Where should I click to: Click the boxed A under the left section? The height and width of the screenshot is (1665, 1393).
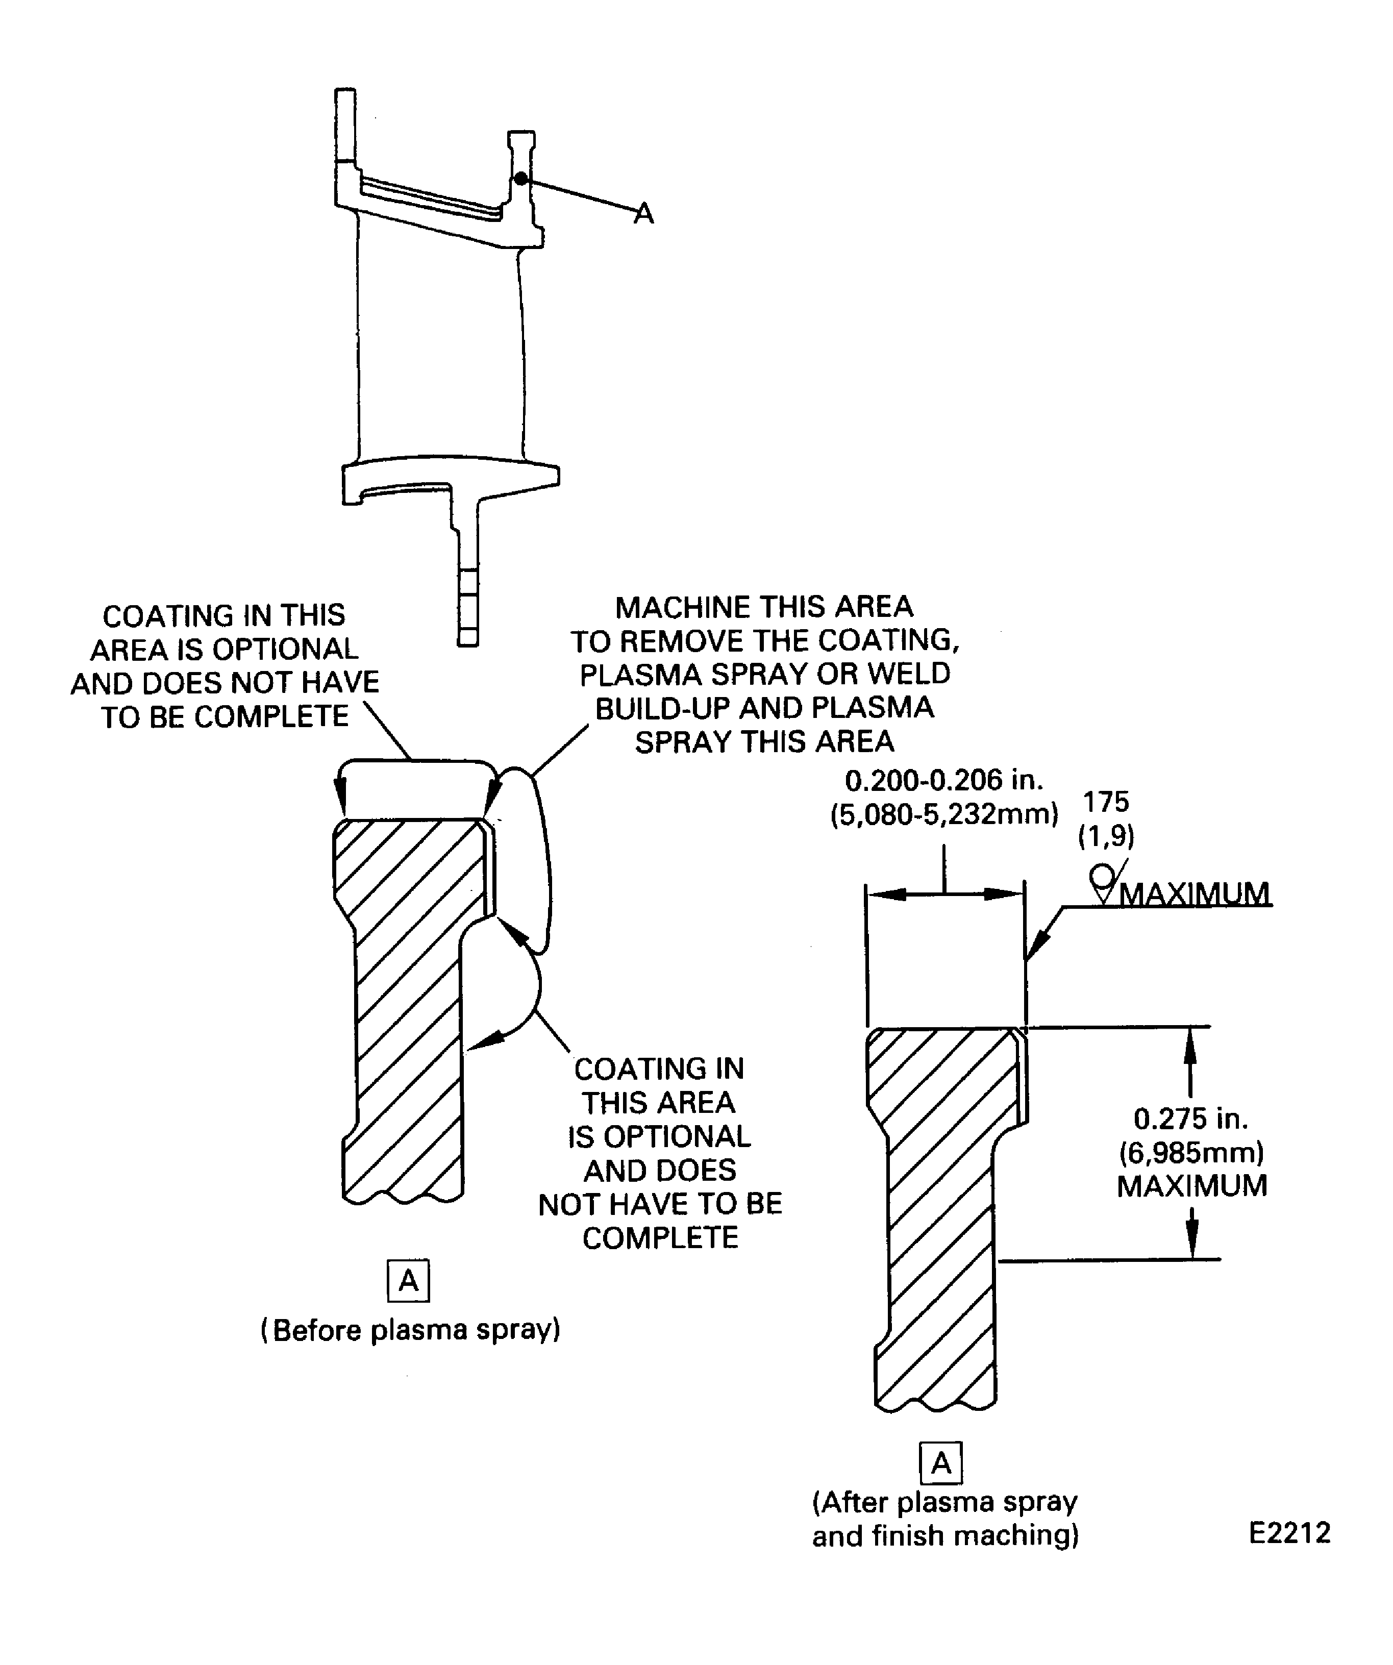click(x=408, y=1280)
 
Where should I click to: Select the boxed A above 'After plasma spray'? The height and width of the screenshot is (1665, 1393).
click(x=940, y=1463)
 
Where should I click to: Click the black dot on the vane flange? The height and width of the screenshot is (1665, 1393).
click(x=520, y=179)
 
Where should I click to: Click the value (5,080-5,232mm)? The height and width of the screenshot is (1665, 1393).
click(x=943, y=814)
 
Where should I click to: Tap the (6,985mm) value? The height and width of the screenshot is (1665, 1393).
click(x=1191, y=1152)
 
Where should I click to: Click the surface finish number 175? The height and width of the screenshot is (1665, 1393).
click(x=1106, y=802)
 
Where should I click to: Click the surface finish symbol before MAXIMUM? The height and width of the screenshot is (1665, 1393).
click(x=1104, y=882)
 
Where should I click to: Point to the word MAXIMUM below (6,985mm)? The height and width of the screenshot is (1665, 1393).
click(x=1191, y=1186)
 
